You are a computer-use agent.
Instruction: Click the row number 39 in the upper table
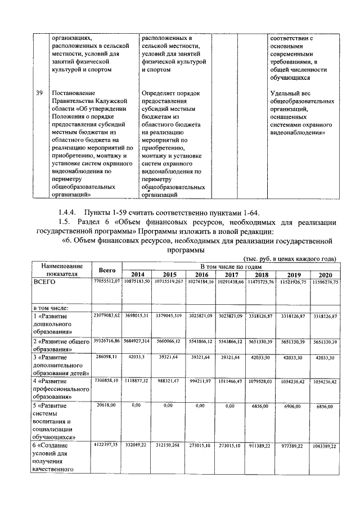click(40, 93)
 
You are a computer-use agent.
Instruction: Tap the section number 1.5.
click(65, 223)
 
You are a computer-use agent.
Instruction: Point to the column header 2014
click(137, 274)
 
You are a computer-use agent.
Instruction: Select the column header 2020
click(326, 274)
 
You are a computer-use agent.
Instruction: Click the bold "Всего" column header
click(107, 270)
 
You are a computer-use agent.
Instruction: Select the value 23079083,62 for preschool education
click(107, 317)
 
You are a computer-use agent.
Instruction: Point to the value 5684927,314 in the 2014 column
click(137, 341)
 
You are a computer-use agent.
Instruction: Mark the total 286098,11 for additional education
click(107, 357)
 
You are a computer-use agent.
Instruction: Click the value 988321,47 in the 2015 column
click(168, 381)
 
